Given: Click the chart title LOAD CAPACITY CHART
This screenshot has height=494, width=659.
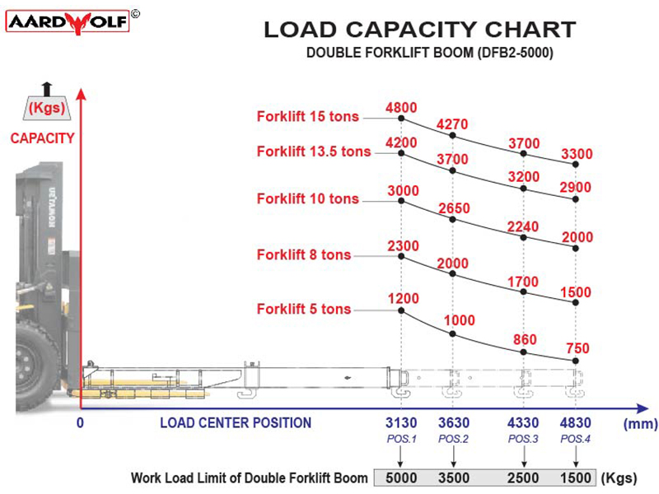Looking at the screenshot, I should (418, 30).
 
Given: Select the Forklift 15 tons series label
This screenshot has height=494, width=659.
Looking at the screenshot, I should (307, 116).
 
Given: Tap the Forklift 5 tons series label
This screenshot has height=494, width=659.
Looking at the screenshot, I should (303, 310).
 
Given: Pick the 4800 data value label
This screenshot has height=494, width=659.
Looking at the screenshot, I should (401, 106).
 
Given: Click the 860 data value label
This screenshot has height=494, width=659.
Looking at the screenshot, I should (524, 340).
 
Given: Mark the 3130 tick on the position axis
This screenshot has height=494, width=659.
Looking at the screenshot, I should (401, 424).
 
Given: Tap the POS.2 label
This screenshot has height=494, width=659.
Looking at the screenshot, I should (453, 439).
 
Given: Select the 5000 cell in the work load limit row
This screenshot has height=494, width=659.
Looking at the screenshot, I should (401, 478).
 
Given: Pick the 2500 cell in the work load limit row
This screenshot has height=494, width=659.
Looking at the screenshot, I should (524, 478).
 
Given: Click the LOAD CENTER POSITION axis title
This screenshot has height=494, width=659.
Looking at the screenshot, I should (236, 423).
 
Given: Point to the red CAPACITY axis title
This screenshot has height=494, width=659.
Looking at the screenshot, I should (42, 138).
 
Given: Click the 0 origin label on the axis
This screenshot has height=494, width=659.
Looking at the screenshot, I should (80, 423).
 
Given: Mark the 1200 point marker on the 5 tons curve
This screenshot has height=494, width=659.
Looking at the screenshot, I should (401, 310).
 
